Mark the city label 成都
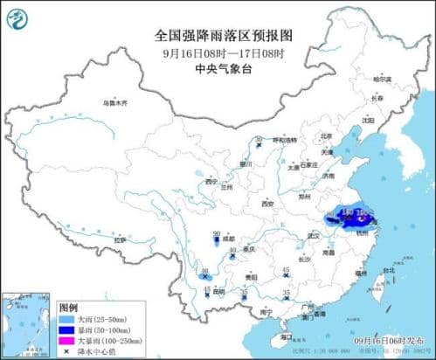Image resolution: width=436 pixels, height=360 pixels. click(x=229, y=238)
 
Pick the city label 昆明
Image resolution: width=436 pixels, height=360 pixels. click(x=207, y=290)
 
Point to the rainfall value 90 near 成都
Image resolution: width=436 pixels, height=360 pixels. click(x=216, y=233)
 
